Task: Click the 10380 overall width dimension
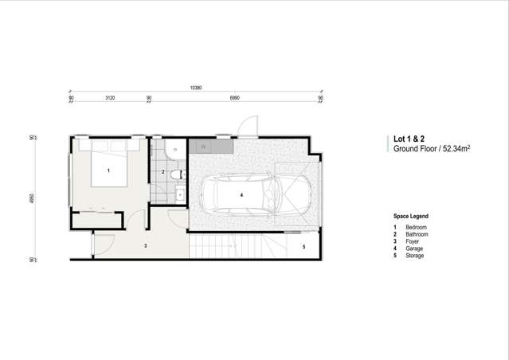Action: (x=196, y=87)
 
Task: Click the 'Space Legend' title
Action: (x=410, y=216)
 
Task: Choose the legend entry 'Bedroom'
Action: (x=416, y=228)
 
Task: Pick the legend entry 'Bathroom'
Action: (x=417, y=235)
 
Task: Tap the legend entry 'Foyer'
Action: (x=412, y=241)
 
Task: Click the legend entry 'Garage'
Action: (x=414, y=248)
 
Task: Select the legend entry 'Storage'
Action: (x=414, y=256)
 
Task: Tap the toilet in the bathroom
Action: (x=174, y=151)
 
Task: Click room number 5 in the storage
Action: (x=303, y=248)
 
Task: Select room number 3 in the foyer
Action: (x=145, y=246)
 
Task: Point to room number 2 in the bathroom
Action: (x=162, y=172)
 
